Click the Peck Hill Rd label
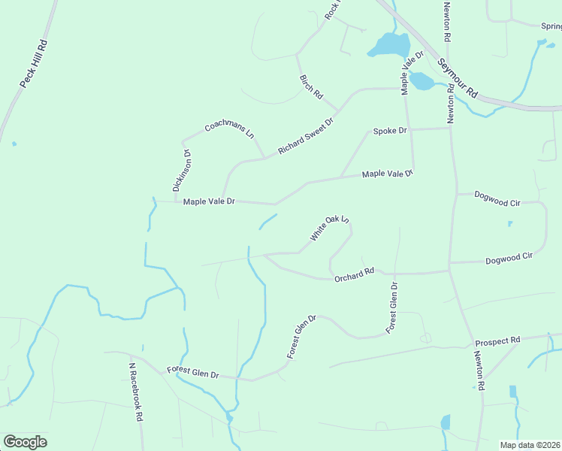pyautogui.click(x=33, y=63)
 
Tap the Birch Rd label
pyautogui.click(x=310, y=87)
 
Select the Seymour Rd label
pyautogui.click(x=458, y=78)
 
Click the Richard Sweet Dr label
pyautogui.click(x=305, y=136)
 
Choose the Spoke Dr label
pyautogui.click(x=390, y=131)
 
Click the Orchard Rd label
pyautogui.click(x=354, y=274)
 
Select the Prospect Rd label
pyautogui.click(x=497, y=341)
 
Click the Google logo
pyautogui.click(x=25, y=442)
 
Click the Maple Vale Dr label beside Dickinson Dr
pyautogui.click(x=210, y=201)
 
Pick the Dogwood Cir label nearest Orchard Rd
pyautogui.click(x=509, y=257)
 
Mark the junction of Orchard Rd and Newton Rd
pyautogui.click(x=449, y=268)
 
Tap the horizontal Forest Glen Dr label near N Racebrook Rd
pyautogui.click(x=192, y=374)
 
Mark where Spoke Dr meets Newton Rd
pyautogui.click(x=450, y=128)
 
